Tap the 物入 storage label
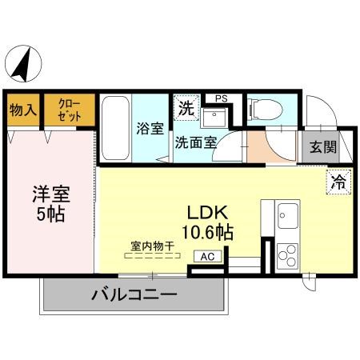click(x=22, y=110)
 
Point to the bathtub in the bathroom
click(x=115, y=128)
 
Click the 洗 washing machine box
click(x=186, y=106)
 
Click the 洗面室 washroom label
click(x=195, y=144)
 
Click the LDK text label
click(x=209, y=214)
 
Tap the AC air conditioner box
click(x=207, y=257)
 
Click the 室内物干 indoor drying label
click(x=152, y=246)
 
